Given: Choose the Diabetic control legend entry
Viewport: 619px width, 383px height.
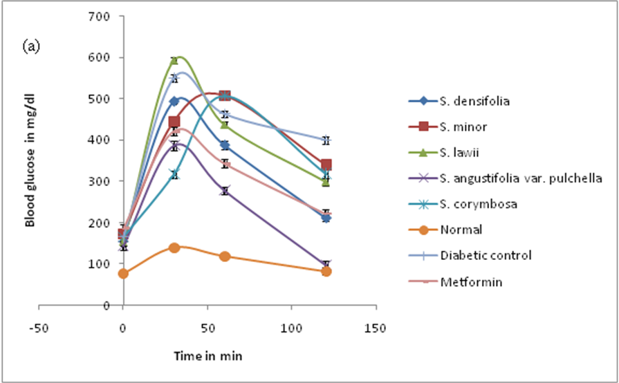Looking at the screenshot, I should (486, 254).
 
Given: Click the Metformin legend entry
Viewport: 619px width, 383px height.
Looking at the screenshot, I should (468, 283).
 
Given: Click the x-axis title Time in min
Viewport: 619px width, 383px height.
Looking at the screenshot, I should (207, 356).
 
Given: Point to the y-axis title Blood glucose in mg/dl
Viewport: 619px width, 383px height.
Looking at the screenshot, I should (31, 160).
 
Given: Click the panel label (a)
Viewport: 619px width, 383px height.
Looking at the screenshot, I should (31, 47).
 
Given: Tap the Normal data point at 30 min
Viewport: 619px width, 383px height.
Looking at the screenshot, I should (174, 247).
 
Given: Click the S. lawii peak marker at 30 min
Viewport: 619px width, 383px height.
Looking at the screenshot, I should (174, 59).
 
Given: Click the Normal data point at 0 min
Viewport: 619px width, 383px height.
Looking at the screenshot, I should (123, 273).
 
